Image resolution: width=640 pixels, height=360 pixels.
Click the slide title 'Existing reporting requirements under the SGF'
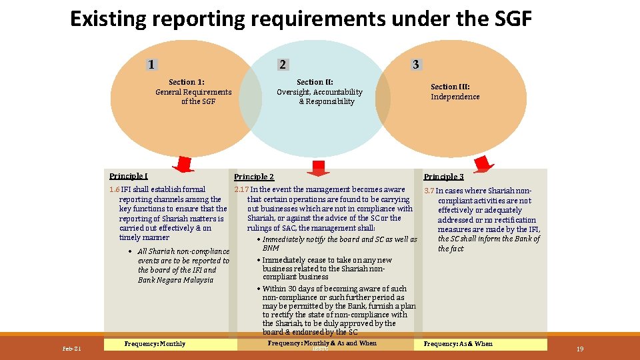(x=301, y=19)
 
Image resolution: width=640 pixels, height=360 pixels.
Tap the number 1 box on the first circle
(x=153, y=65)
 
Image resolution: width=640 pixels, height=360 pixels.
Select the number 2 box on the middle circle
(x=283, y=65)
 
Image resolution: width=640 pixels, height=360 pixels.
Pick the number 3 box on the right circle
(x=416, y=65)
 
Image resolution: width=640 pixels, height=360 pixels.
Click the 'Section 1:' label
(x=187, y=82)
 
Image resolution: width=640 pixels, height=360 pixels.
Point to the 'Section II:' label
(x=315, y=82)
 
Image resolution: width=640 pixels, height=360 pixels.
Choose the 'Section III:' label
(x=450, y=87)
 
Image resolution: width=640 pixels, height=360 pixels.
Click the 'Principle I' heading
(x=129, y=176)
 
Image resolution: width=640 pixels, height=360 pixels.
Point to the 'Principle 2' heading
(x=254, y=177)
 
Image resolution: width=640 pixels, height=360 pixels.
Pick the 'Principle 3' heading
(x=443, y=177)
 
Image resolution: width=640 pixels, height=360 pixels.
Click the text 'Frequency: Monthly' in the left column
(x=155, y=344)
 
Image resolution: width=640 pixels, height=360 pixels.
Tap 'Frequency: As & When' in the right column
(x=458, y=344)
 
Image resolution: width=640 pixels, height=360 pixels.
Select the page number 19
(x=579, y=349)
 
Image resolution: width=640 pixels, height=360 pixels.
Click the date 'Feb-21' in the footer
(x=71, y=349)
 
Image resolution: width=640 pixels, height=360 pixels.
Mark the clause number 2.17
(x=241, y=190)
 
